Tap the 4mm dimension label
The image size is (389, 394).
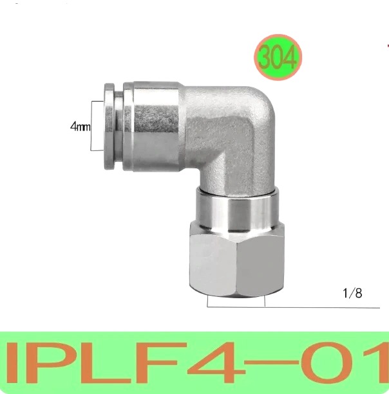[x=81, y=127]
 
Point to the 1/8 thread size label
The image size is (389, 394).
[x=352, y=294]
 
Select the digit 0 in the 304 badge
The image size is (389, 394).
[x=278, y=58]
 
